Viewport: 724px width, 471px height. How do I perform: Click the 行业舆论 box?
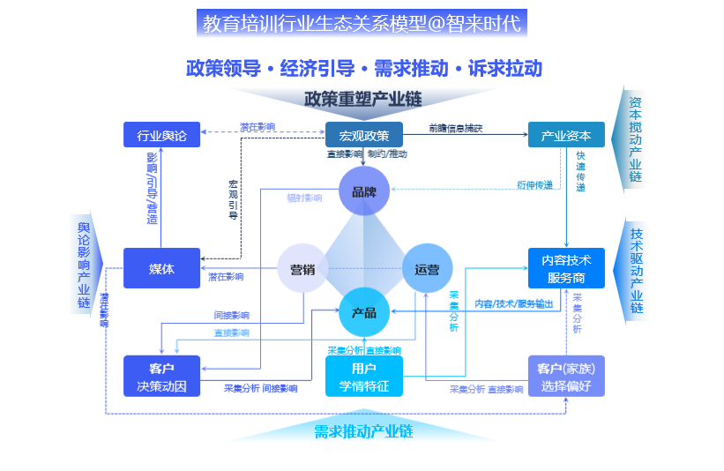click(162, 135)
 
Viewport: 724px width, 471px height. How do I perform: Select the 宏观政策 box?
click(364, 135)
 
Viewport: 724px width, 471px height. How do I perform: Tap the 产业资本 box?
click(566, 135)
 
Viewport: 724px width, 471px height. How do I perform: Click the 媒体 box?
click(162, 268)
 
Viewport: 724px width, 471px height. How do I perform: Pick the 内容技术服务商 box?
click(566, 268)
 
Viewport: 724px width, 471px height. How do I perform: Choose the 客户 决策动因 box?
click(162, 377)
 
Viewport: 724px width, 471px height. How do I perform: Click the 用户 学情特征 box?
click(364, 377)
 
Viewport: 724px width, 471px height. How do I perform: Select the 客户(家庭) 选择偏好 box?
click(566, 377)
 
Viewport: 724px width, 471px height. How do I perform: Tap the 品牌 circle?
click(364, 191)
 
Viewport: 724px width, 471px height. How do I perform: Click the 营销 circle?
click(302, 269)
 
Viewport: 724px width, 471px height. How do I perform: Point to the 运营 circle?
click(427, 269)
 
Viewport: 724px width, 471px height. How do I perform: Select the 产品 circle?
click(364, 312)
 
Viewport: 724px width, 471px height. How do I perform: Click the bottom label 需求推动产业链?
click(363, 431)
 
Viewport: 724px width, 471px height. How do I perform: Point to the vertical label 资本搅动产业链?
click(635, 139)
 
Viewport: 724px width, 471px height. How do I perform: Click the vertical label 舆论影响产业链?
click(84, 265)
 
